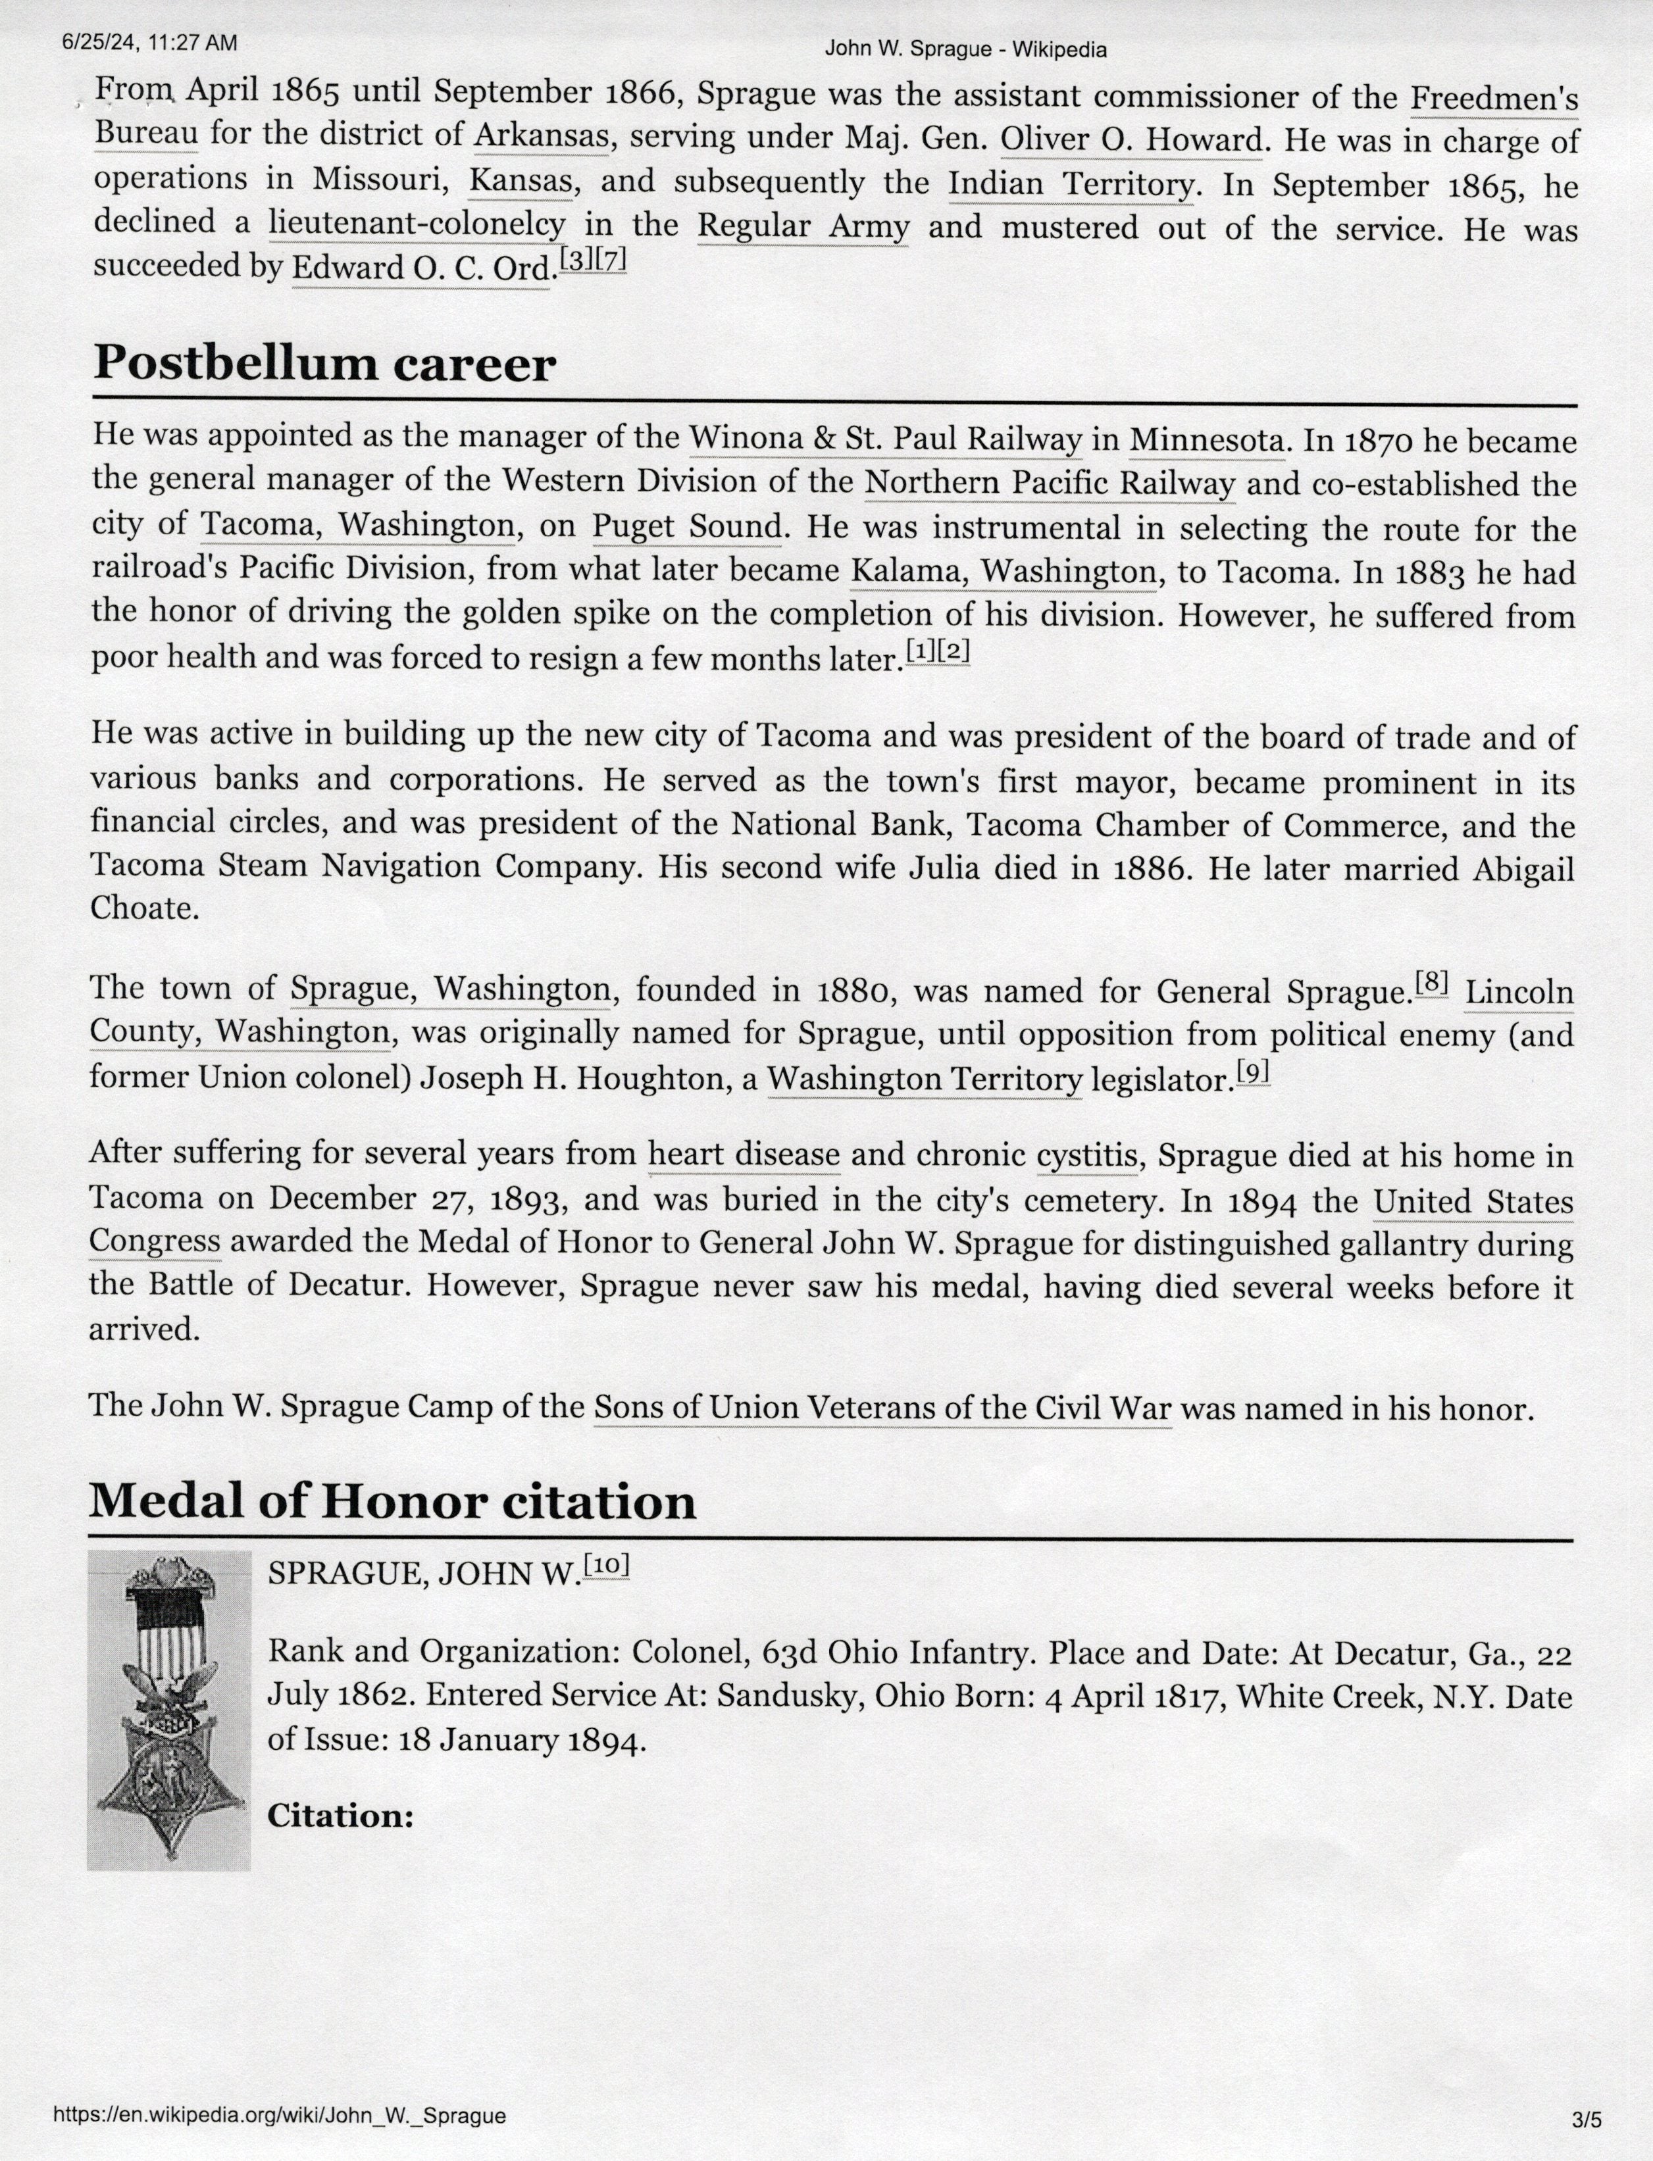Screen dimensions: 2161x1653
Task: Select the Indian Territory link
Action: coord(1071,184)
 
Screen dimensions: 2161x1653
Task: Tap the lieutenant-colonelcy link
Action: coord(417,225)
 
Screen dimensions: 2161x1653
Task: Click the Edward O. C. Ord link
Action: coord(420,268)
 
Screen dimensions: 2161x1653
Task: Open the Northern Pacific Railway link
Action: coord(1050,483)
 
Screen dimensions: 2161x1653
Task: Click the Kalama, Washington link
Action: coord(1004,570)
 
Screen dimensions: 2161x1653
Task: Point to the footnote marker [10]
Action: coord(606,1565)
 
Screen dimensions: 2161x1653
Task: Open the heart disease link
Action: coord(744,1155)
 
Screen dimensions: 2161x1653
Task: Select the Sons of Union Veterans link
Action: coord(882,1408)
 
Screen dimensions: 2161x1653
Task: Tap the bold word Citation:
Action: coord(340,1816)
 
